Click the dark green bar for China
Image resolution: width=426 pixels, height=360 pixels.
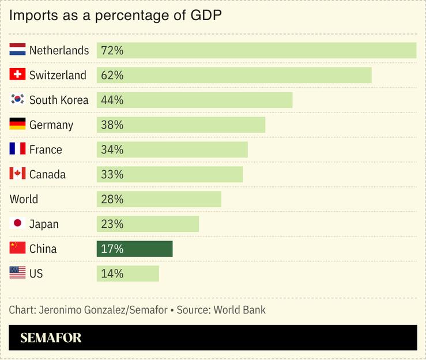[134, 249]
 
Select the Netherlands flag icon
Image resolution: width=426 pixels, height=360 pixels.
[17, 50]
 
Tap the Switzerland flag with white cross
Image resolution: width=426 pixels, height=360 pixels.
[17, 75]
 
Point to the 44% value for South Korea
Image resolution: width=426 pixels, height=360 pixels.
[112, 100]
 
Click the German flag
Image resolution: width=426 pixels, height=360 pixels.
[17, 125]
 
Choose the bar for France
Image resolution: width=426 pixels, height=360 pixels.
[172, 149]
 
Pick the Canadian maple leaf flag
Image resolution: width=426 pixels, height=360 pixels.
[17, 174]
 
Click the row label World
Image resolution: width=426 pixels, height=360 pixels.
[24, 199]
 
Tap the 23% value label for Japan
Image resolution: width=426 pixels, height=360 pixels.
[112, 224]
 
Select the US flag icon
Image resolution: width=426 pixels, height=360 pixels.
[17, 273]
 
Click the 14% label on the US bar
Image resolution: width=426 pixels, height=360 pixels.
[112, 273]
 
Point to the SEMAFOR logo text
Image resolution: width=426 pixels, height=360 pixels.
[51, 337]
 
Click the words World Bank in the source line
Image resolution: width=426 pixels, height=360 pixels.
[239, 310]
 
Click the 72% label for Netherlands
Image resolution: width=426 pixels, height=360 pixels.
[112, 50]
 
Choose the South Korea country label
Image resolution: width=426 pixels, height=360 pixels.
[59, 100]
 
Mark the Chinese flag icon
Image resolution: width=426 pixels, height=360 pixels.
[17, 249]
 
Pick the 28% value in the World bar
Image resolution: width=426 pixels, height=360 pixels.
[112, 199]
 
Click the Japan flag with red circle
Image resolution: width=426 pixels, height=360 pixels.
[17, 224]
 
